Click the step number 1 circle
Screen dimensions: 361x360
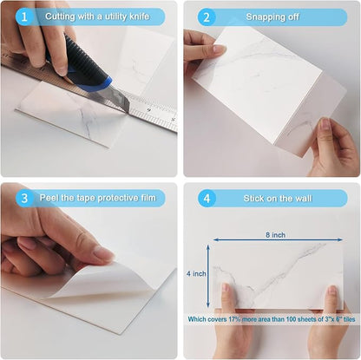24,16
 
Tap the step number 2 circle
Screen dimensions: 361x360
207,17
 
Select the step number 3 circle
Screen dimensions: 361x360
24,198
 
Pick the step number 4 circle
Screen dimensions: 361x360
207,199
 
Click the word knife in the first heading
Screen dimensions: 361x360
140,16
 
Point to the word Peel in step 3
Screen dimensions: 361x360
49,198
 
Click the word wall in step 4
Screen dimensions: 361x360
304,199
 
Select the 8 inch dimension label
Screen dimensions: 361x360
275,235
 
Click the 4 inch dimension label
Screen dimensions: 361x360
196,273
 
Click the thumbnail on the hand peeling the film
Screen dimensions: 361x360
103,254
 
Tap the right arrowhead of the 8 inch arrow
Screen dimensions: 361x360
340,239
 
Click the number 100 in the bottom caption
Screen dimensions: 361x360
291,319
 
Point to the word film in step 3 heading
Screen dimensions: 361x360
148,198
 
